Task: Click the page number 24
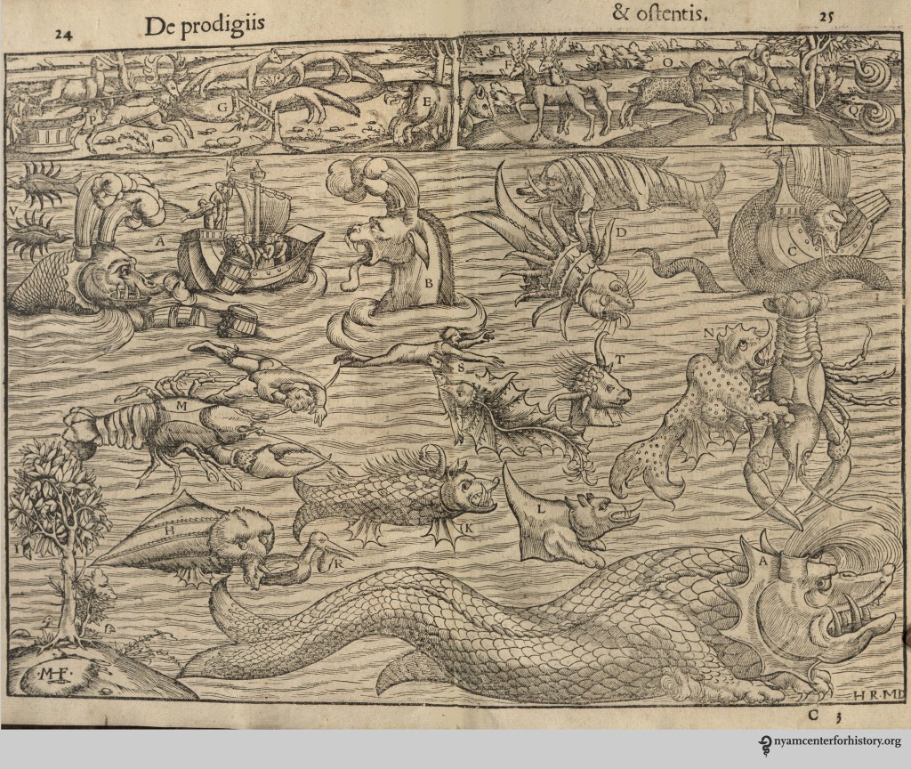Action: pos(62,35)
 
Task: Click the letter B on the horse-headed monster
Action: pos(428,283)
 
